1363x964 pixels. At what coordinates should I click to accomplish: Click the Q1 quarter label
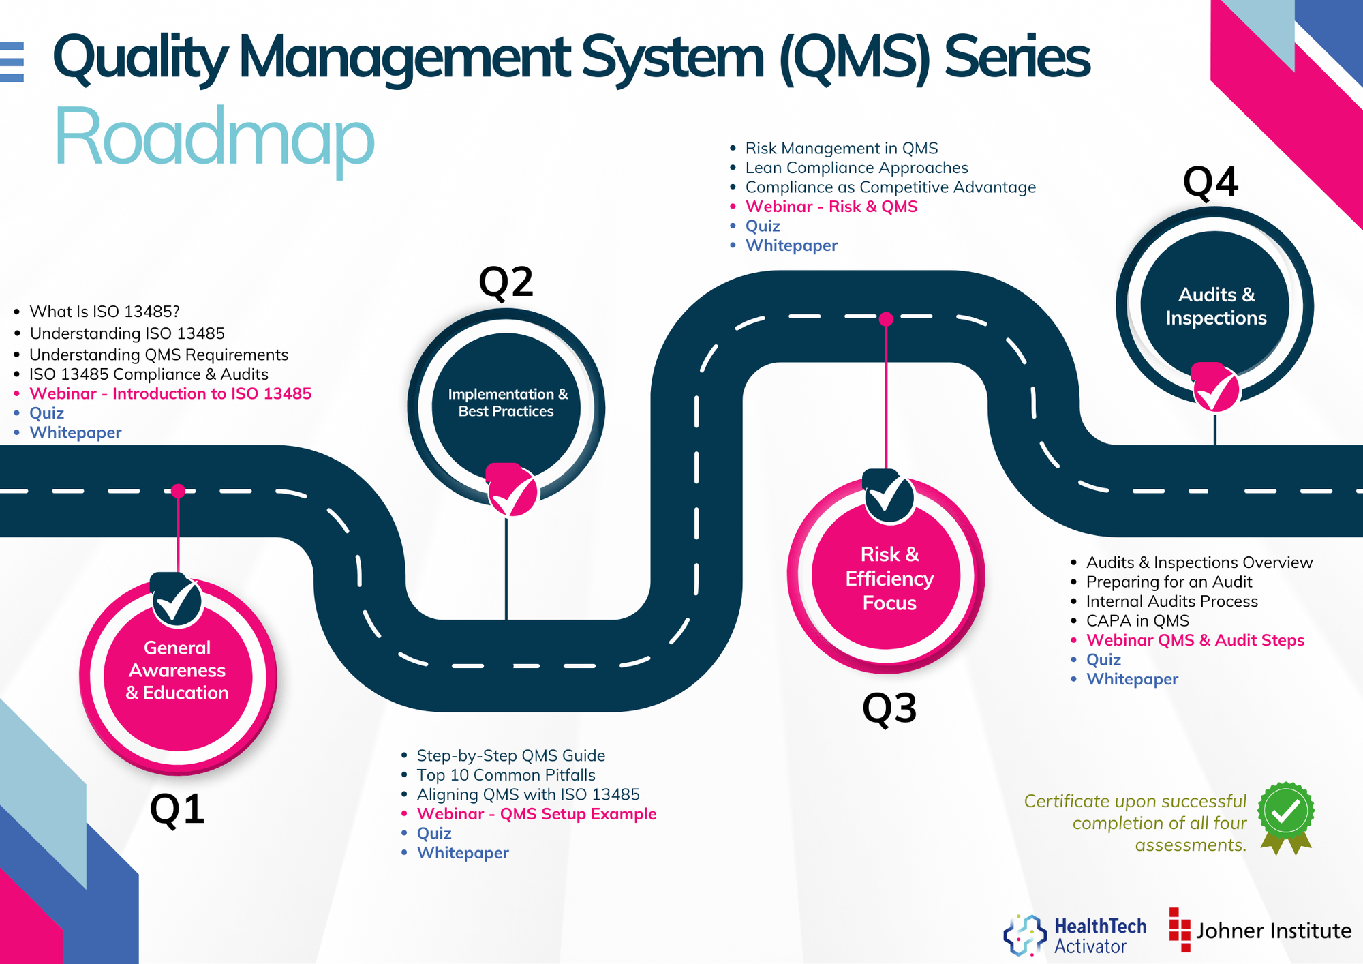point(177,809)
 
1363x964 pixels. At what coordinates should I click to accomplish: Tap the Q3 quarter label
point(889,708)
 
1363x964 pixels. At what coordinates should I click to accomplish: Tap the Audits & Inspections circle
point(1215,305)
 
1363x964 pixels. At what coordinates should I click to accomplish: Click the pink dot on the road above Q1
point(178,491)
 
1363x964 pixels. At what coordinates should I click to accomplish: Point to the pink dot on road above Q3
point(886,318)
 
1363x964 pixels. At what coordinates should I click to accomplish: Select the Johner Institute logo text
point(1273,931)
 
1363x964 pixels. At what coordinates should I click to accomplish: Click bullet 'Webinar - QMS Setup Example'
point(536,814)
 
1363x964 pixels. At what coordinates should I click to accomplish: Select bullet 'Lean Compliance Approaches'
point(856,168)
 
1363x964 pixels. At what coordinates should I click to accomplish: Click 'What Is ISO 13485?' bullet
point(104,312)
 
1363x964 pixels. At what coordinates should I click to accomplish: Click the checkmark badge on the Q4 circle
point(1216,389)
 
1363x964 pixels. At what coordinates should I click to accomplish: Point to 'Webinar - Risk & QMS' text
point(831,207)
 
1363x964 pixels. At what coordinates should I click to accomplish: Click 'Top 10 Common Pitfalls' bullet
point(506,775)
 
